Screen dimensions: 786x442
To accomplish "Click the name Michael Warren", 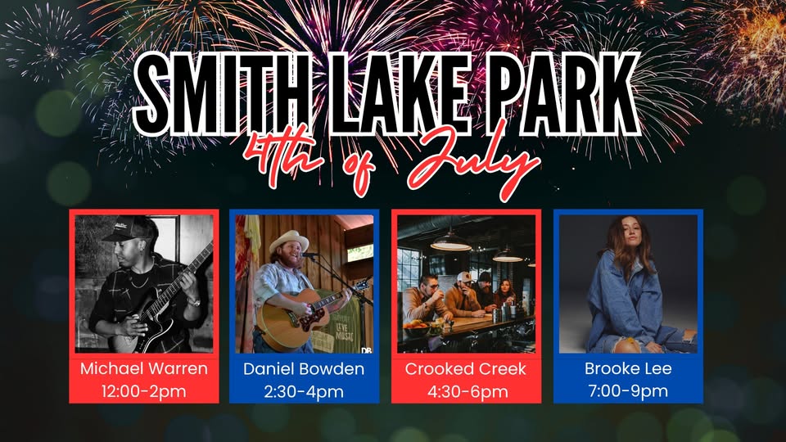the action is click(144, 369).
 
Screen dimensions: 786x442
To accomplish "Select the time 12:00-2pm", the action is click(144, 391).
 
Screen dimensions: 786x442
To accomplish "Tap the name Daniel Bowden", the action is click(304, 369).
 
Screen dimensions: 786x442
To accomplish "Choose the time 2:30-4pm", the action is click(304, 391).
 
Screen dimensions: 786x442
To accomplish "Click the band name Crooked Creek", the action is click(466, 369).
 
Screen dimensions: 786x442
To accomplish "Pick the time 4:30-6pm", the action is click(468, 391).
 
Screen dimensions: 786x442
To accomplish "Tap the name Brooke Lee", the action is click(628, 369).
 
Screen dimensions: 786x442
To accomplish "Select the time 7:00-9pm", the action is click(628, 391).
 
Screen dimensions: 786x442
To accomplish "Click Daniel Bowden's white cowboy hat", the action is click(289, 241).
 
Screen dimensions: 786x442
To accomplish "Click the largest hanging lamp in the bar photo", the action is click(450, 244).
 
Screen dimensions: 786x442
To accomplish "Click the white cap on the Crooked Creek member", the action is click(466, 277).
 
